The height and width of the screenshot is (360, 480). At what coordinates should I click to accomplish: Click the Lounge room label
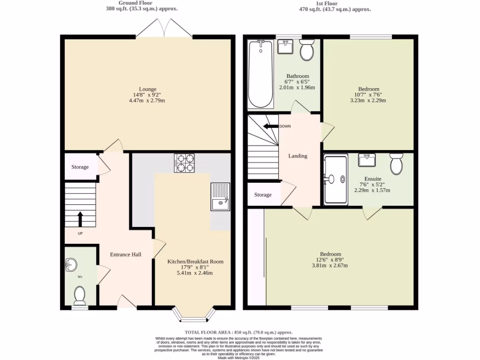[x=148, y=89]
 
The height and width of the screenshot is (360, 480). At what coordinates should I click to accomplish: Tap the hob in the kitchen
[x=184, y=163]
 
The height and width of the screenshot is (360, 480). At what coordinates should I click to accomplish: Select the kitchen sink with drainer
[x=220, y=196]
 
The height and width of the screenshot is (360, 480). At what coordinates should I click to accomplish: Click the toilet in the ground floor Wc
[x=80, y=295]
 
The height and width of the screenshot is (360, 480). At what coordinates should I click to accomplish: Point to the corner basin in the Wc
[x=72, y=264]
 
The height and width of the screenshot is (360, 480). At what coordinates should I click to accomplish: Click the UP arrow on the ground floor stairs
[x=80, y=219]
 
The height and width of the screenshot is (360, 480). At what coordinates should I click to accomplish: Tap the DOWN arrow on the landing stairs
[x=270, y=126]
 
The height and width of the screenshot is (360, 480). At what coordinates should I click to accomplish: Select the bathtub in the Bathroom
[x=260, y=74]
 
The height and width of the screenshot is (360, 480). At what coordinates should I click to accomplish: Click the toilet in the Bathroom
[x=307, y=50]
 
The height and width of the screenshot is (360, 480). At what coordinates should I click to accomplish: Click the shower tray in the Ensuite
[x=336, y=180]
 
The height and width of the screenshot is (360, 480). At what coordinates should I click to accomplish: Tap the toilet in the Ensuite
[x=396, y=164]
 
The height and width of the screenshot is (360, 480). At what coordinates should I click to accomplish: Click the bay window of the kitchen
[x=193, y=315]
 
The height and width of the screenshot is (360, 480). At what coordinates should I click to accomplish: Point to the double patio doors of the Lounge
[x=164, y=29]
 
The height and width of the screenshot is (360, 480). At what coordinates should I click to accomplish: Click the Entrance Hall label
[x=126, y=255]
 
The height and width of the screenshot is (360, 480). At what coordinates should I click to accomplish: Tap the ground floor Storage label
[x=80, y=167]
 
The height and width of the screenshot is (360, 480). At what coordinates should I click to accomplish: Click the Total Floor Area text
[x=238, y=332]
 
